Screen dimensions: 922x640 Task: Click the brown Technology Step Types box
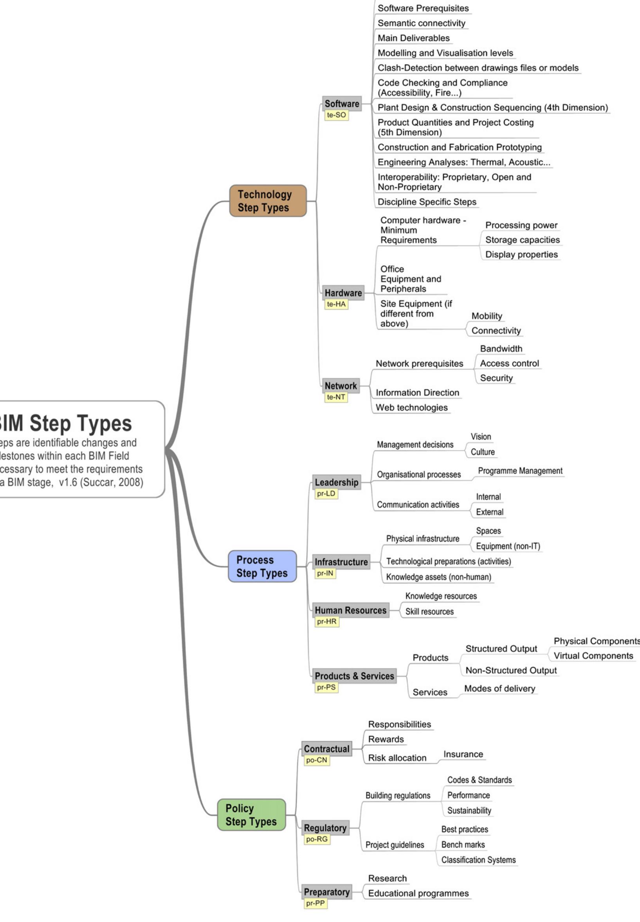(x=267, y=201)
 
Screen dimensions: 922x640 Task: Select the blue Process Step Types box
(x=262, y=566)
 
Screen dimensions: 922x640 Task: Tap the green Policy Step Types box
(x=251, y=814)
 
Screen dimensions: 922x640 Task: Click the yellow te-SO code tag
(x=336, y=115)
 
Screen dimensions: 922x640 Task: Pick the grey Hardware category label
(x=343, y=293)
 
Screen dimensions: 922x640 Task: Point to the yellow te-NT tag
(x=335, y=397)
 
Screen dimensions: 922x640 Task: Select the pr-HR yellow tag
(x=326, y=622)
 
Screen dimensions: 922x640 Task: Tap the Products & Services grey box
(x=354, y=676)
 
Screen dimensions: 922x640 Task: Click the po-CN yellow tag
(x=316, y=760)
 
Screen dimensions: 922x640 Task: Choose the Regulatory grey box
(x=325, y=828)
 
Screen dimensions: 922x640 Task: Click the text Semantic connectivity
(x=421, y=23)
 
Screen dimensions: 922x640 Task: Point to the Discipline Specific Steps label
(x=427, y=202)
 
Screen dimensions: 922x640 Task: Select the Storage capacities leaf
(x=522, y=240)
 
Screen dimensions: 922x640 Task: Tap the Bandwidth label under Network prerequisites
(x=501, y=348)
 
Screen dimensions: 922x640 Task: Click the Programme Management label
(x=520, y=471)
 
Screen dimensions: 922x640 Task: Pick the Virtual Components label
(x=593, y=656)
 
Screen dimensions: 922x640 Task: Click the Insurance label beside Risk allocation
(x=463, y=754)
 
